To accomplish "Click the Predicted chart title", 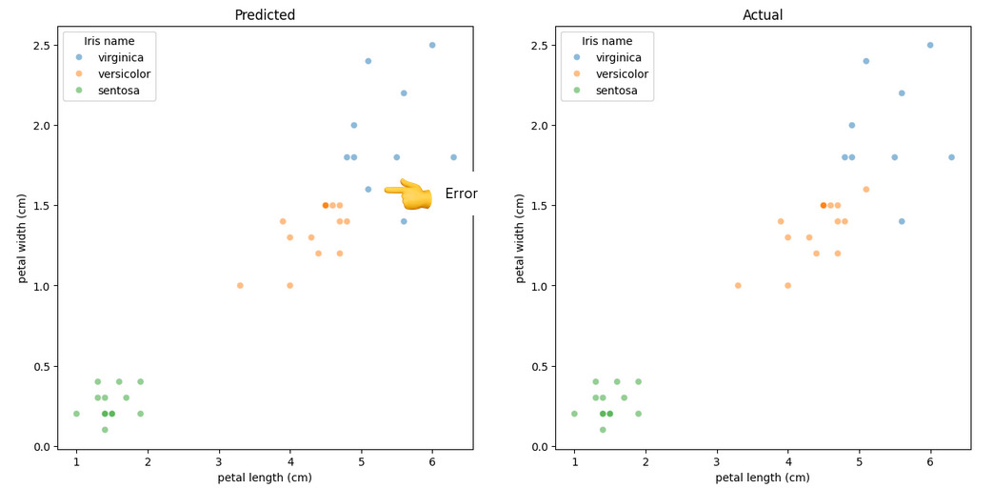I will point(265,15).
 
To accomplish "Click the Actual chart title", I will point(763,15).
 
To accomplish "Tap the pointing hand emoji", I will point(408,194).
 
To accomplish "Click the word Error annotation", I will point(461,194).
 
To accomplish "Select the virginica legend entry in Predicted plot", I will point(120,57).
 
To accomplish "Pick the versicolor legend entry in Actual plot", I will point(622,74).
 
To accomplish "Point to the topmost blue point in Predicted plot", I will point(432,45).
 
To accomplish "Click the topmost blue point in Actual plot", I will point(930,45).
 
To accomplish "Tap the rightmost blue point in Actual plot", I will point(951,157).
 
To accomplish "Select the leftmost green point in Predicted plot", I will point(76,414).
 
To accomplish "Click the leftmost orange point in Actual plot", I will point(738,285).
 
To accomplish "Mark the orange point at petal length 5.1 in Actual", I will point(866,189).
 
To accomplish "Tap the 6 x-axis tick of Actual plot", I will point(930,461).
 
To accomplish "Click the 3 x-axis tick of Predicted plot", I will point(219,461).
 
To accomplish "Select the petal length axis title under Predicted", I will point(265,478).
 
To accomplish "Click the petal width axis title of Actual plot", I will point(521,238).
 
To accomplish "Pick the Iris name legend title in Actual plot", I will point(607,41).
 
